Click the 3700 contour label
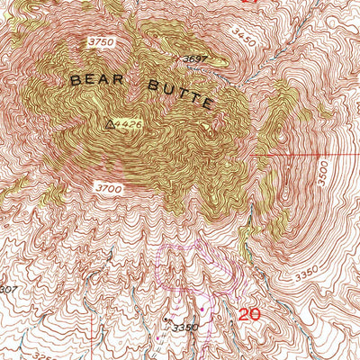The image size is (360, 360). coord(107,186)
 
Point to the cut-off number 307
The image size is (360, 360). coord(7,289)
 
